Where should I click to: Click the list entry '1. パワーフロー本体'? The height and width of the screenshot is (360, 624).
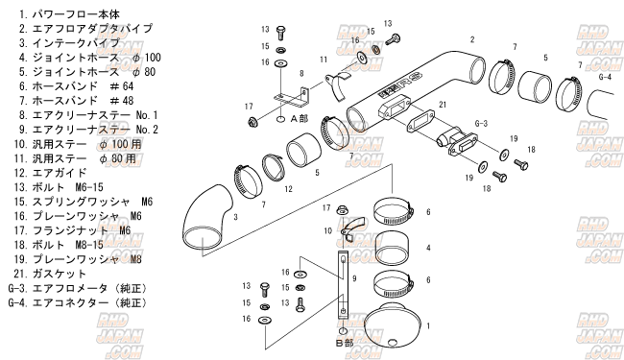pyautogui.click(x=69, y=14)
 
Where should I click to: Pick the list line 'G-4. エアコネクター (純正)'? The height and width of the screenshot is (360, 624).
pyautogui.click(x=78, y=302)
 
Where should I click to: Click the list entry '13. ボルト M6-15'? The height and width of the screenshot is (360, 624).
pyautogui.click(x=59, y=187)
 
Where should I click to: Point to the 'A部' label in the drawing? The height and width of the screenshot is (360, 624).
pyautogui.click(x=300, y=118)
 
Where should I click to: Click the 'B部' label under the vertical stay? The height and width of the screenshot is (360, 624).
pyautogui.click(x=345, y=343)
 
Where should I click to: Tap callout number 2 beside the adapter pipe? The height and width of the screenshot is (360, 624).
pyautogui.click(x=472, y=39)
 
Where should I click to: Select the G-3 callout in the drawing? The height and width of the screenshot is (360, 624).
pyautogui.click(x=481, y=123)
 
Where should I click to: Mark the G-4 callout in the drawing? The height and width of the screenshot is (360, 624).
pyautogui.click(x=605, y=77)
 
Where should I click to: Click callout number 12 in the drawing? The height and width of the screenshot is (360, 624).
pyautogui.click(x=289, y=189)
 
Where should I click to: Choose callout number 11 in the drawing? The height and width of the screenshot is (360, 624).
pyautogui.click(x=324, y=60)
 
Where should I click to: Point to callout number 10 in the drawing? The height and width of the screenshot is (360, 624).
pyautogui.click(x=328, y=230)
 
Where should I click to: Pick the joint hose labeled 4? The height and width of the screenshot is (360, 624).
pyautogui.click(x=393, y=249)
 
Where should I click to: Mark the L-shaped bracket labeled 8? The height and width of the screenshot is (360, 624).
pyautogui.click(x=291, y=98)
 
